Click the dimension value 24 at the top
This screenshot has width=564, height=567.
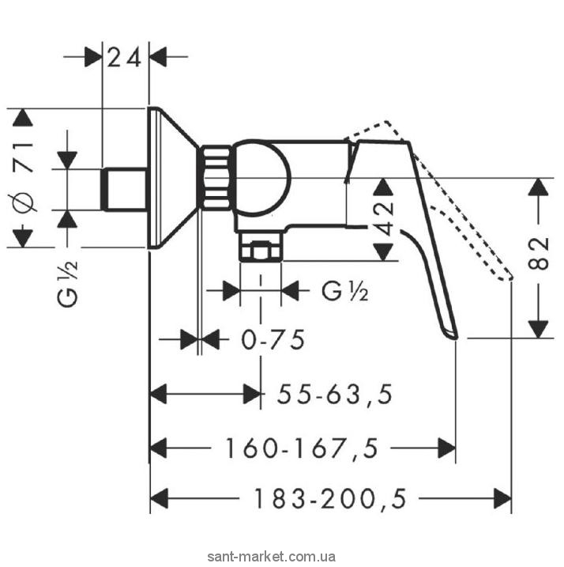tap(126, 57)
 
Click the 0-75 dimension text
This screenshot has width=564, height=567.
tap(273, 341)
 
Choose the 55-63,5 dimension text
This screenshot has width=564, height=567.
tap(335, 393)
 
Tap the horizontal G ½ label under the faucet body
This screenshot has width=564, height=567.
tap(344, 291)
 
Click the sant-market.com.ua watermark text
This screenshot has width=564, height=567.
tap(281, 558)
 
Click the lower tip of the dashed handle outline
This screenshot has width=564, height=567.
tap(509, 277)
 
